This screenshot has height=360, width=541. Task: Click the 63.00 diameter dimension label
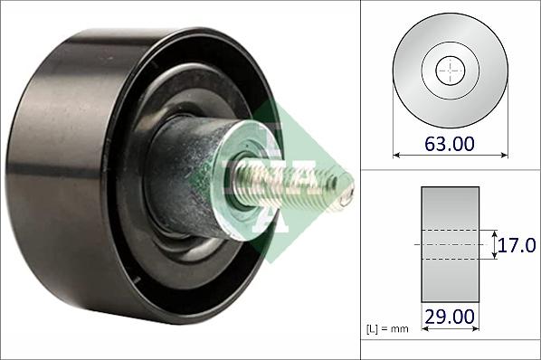click(450, 144)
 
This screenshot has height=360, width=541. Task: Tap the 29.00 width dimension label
click(450, 317)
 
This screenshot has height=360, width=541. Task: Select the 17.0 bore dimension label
click(516, 245)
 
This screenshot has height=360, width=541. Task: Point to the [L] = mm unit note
click(387, 329)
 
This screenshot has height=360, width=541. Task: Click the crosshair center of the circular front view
click(451, 71)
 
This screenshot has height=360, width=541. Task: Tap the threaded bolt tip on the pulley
click(346, 194)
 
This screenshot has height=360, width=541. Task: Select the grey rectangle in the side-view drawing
click(451, 244)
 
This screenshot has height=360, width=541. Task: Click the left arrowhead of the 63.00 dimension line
click(396, 156)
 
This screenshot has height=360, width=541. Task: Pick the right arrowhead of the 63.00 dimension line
click(505, 156)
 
